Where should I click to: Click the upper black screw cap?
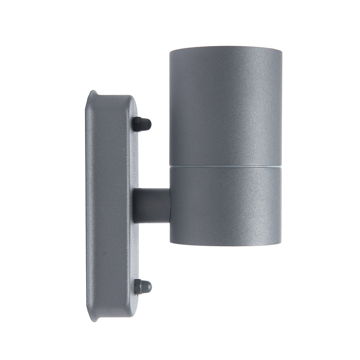coord(141,124)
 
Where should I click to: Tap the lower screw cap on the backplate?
coord(143,287)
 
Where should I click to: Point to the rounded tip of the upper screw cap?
coord(149,125)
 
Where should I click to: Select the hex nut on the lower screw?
coord(137,287)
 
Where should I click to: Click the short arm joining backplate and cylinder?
coord(152,206)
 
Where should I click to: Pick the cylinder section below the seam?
coord(226,205)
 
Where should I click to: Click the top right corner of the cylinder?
coord(281,48)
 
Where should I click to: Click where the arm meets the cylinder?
coord(170,206)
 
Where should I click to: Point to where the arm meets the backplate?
coord(134,206)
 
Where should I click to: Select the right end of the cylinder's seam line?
coord(280,166)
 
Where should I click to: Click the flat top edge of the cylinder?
coord(226,47)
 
